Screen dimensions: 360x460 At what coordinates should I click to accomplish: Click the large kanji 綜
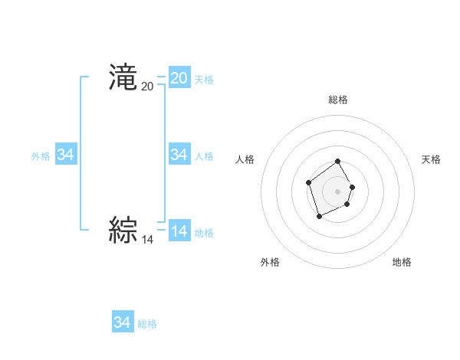pos(123,229)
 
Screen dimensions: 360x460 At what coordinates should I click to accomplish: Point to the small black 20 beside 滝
pos(147,87)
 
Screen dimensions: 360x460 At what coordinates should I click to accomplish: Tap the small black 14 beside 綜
pos(147,239)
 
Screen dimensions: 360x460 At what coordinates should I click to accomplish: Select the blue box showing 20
pos(179,77)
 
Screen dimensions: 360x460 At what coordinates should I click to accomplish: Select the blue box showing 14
pos(179,231)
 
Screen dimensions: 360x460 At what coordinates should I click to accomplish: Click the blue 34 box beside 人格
pos(179,155)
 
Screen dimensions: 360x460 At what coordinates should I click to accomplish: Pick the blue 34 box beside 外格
pos(65,155)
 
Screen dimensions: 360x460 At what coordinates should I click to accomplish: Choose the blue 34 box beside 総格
pos(122,322)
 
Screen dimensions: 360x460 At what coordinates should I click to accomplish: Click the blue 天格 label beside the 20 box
pos(204,80)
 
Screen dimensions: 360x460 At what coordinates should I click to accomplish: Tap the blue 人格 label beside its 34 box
pos(204,156)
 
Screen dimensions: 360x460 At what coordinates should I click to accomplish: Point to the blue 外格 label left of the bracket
pos(41,156)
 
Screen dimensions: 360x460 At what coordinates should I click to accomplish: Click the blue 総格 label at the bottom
pos(147,324)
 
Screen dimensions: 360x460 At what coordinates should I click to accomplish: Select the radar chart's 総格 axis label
pos(338,100)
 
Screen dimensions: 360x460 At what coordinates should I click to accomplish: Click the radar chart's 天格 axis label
pos(431,159)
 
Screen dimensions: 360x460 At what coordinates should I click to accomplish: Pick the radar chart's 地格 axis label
pos(402,262)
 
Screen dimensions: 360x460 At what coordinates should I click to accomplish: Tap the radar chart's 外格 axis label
pos(270,262)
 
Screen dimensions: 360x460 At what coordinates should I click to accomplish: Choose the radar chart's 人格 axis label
pos(245,159)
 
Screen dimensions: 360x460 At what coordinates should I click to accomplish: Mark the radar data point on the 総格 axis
pos(338,162)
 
